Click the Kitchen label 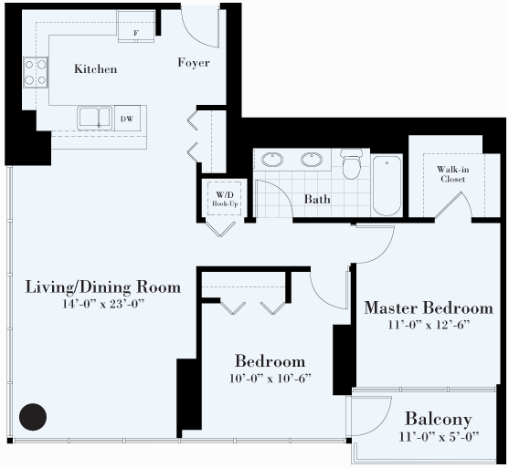[95, 68]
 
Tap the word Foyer [194, 62]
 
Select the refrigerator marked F [136, 26]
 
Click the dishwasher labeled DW [127, 118]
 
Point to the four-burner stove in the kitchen [36, 72]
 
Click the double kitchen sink [95, 118]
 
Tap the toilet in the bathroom [351, 163]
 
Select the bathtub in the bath [387, 185]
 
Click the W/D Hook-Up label [225, 199]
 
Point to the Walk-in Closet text [452, 174]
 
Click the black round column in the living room [33, 417]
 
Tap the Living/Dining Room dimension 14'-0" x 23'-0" [103, 304]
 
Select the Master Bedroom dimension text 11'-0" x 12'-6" [429, 325]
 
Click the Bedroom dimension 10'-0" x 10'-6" [270, 379]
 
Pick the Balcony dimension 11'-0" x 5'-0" [439, 437]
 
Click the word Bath [317, 199]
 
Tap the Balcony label [439, 419]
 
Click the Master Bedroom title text [429, 308]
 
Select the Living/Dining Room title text [103, 287]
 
